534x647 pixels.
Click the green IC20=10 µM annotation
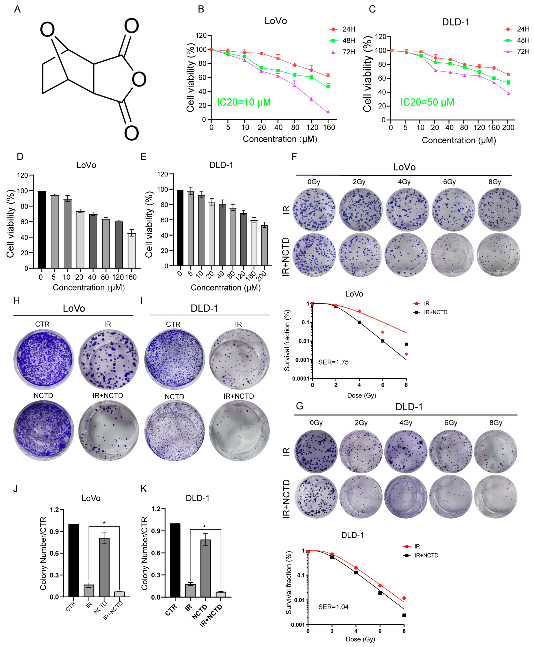pyautogui.click(x=244, y=102)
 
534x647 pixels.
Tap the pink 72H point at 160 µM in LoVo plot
pyautogui.click(x=328, y=112)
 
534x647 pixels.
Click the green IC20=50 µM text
pyautogui.click(x=427, y=102)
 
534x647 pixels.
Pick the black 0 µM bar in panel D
pyautogui.click(x=42, y=230)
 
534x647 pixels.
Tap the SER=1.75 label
pyautogui.click(x=333, y=362)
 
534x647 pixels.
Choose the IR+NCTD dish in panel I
pyautogui.click(x=239, y=430)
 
